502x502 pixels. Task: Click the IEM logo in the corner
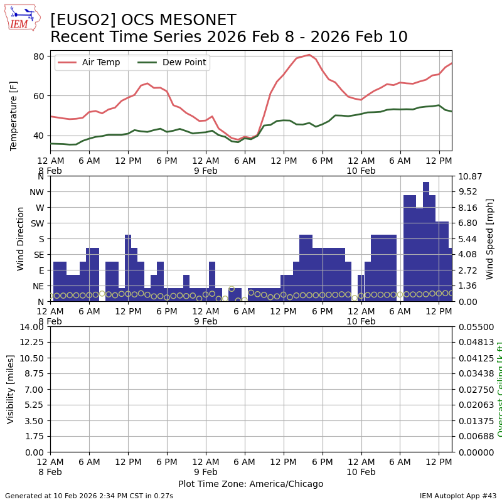[x=22, y=18]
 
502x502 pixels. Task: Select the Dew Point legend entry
[x=183, y=63]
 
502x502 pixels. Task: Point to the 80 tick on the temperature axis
[x=38, y=56]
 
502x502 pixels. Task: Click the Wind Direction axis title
[x=21, y=238]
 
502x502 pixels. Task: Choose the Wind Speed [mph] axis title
[x=490, y=238]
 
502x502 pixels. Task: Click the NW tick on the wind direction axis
[x=36, y=192]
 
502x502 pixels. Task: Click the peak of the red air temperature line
[x=309, y=55]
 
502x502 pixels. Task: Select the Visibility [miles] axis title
[x=11, y=389]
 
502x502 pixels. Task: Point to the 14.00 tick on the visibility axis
[x=33, y=327]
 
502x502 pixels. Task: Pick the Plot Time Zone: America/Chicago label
[x=250, y=484]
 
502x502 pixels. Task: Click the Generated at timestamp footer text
[x=89, y=496]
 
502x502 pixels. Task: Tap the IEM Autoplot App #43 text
[x=458, y=496]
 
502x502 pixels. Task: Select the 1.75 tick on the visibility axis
[x=36, y=436]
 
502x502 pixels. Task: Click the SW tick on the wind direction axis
[x=36, y=223]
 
